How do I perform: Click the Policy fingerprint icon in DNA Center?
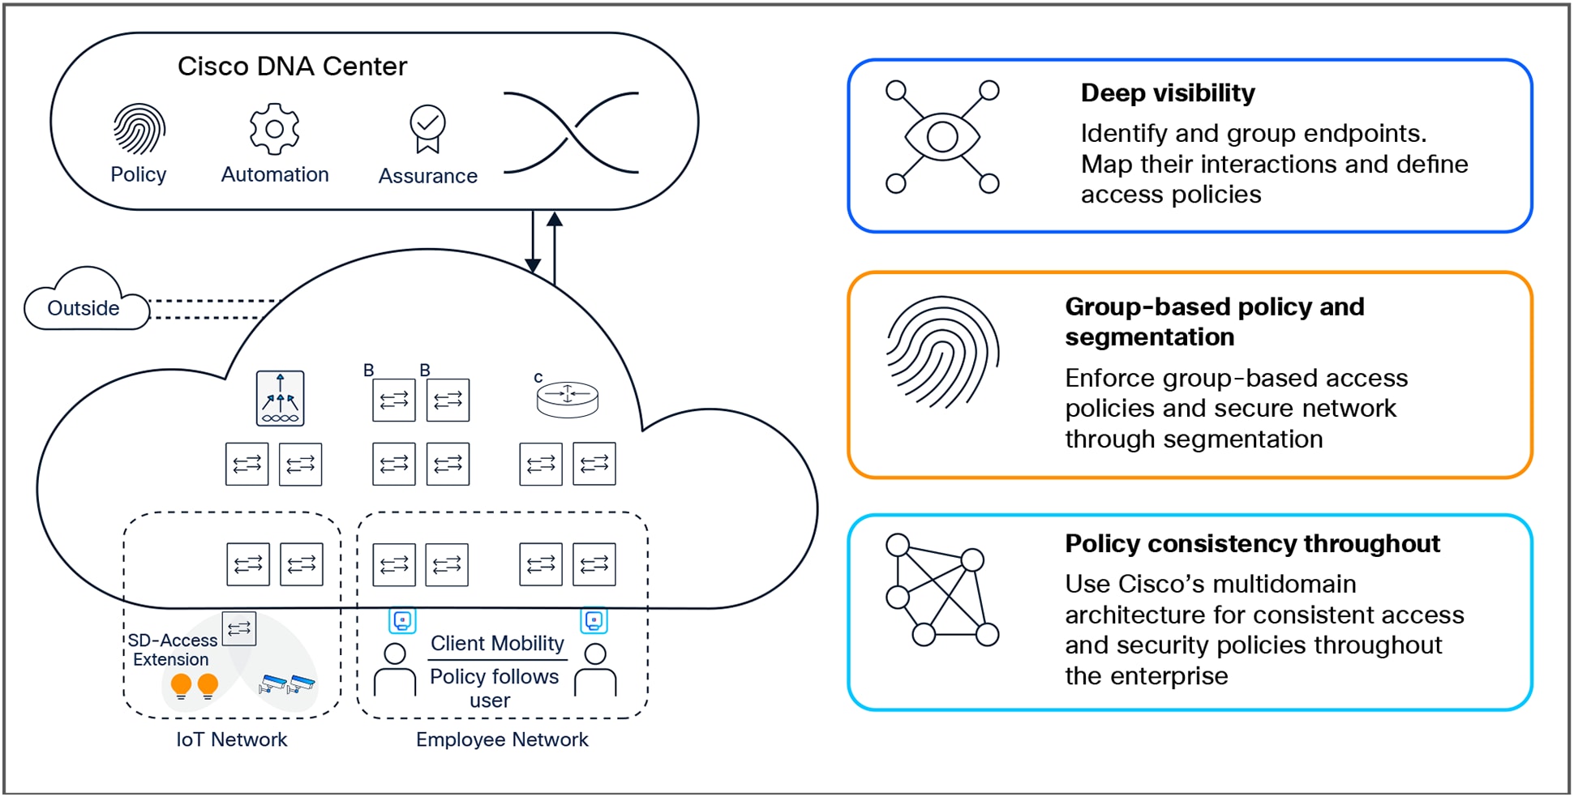[x=139, y=129]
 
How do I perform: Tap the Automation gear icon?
[x=274, y=129]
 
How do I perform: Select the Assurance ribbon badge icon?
[x=427, y=129]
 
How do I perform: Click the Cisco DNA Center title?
[x=292, y=66]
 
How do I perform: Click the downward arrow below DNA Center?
[x=533, y=243]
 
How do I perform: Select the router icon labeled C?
[x=567, y=398]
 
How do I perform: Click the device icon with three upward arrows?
[x=280, y=398]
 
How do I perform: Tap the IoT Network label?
[x=231, y=739]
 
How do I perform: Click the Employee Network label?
[x=502, y=739]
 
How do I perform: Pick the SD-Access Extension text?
[x=171, y=649]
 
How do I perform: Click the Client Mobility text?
[x=497, y=643]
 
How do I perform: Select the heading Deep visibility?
[x=1168, y=93]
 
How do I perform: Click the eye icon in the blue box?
[x=941, y=136]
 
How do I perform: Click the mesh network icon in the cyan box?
[x=941, y=589]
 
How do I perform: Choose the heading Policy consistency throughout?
[x=1252, y=543]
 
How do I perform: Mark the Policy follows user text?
[x=494, y=688]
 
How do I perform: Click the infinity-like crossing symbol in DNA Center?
[x=572, y=133]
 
